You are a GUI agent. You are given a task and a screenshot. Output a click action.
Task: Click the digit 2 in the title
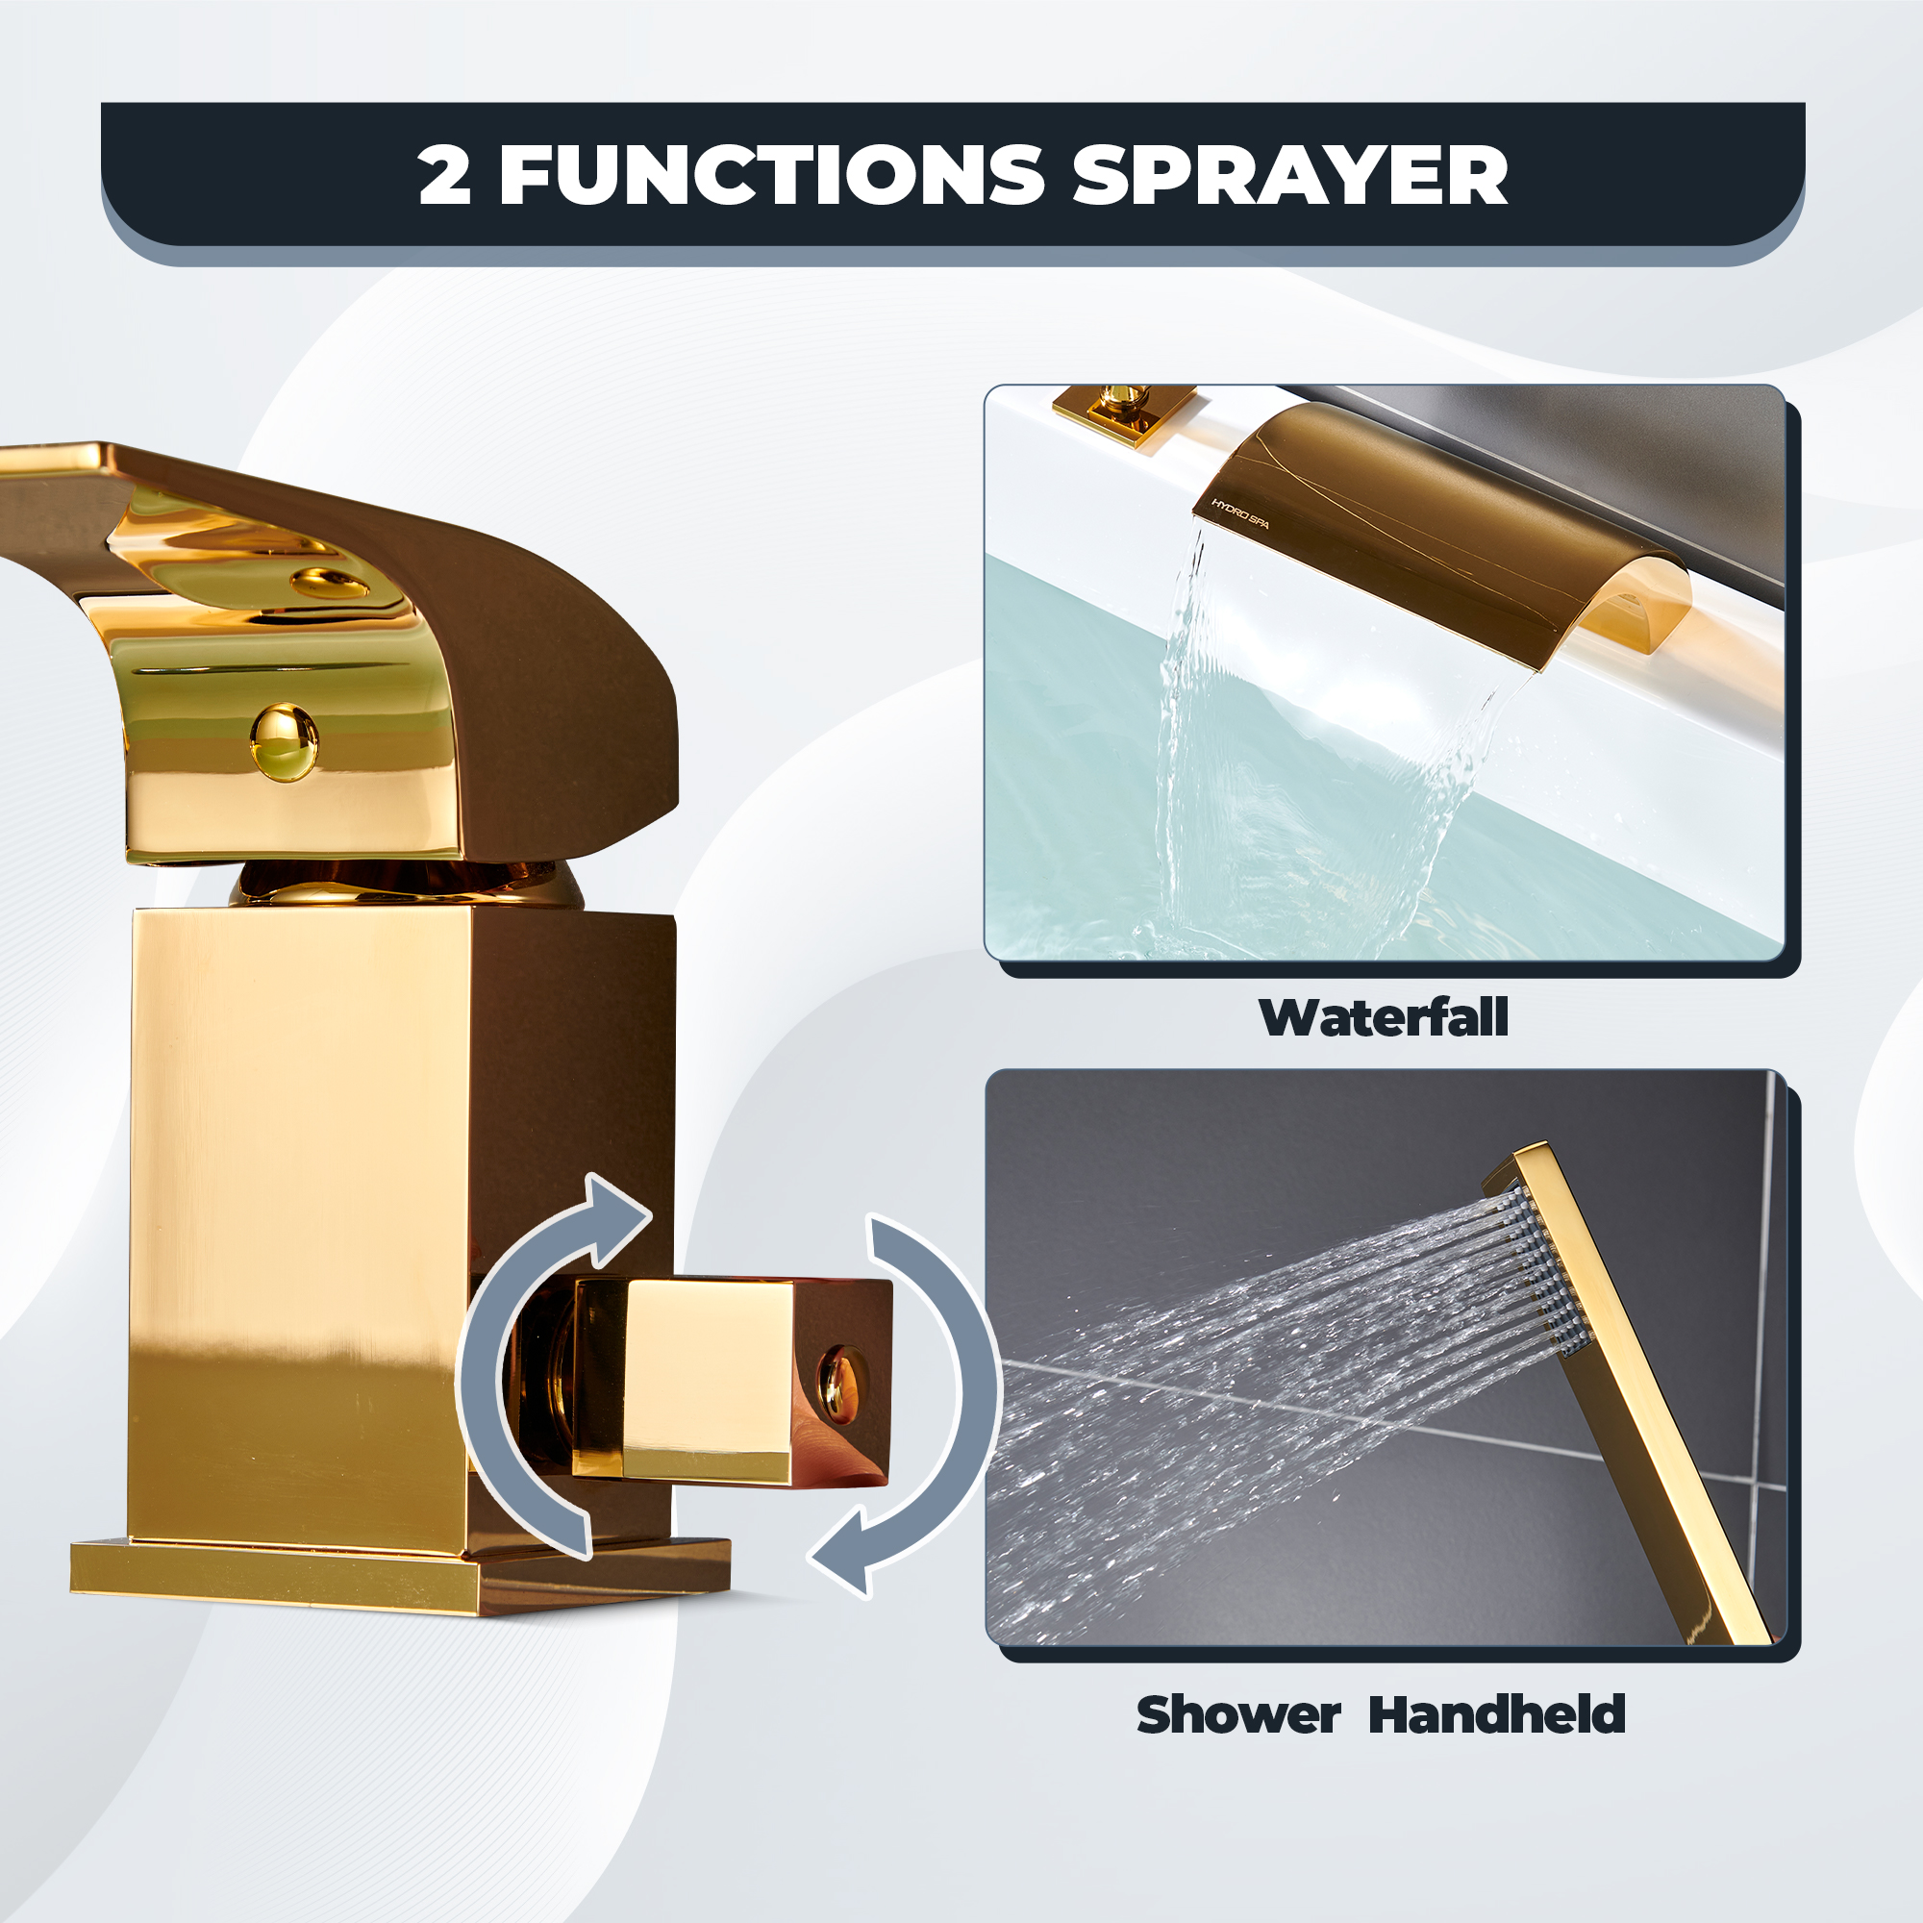(444, 175)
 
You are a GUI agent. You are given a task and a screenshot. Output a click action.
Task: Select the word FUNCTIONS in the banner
(771, 175)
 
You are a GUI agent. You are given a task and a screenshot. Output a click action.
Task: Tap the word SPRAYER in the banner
(1290, 175)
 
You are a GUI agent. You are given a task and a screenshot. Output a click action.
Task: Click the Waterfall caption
(1384, 1018)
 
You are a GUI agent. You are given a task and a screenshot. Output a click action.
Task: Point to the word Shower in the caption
(1239, 1715)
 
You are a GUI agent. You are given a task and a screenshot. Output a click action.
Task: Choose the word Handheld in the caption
(1497, 1715)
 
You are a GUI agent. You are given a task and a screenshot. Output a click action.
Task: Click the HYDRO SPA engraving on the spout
(1239, 513)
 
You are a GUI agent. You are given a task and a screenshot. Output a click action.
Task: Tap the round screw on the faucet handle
(284, 741)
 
